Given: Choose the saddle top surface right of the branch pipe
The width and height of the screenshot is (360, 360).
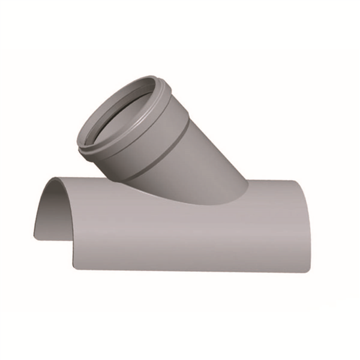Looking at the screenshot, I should pyautogui.click(x=270, y=189).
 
